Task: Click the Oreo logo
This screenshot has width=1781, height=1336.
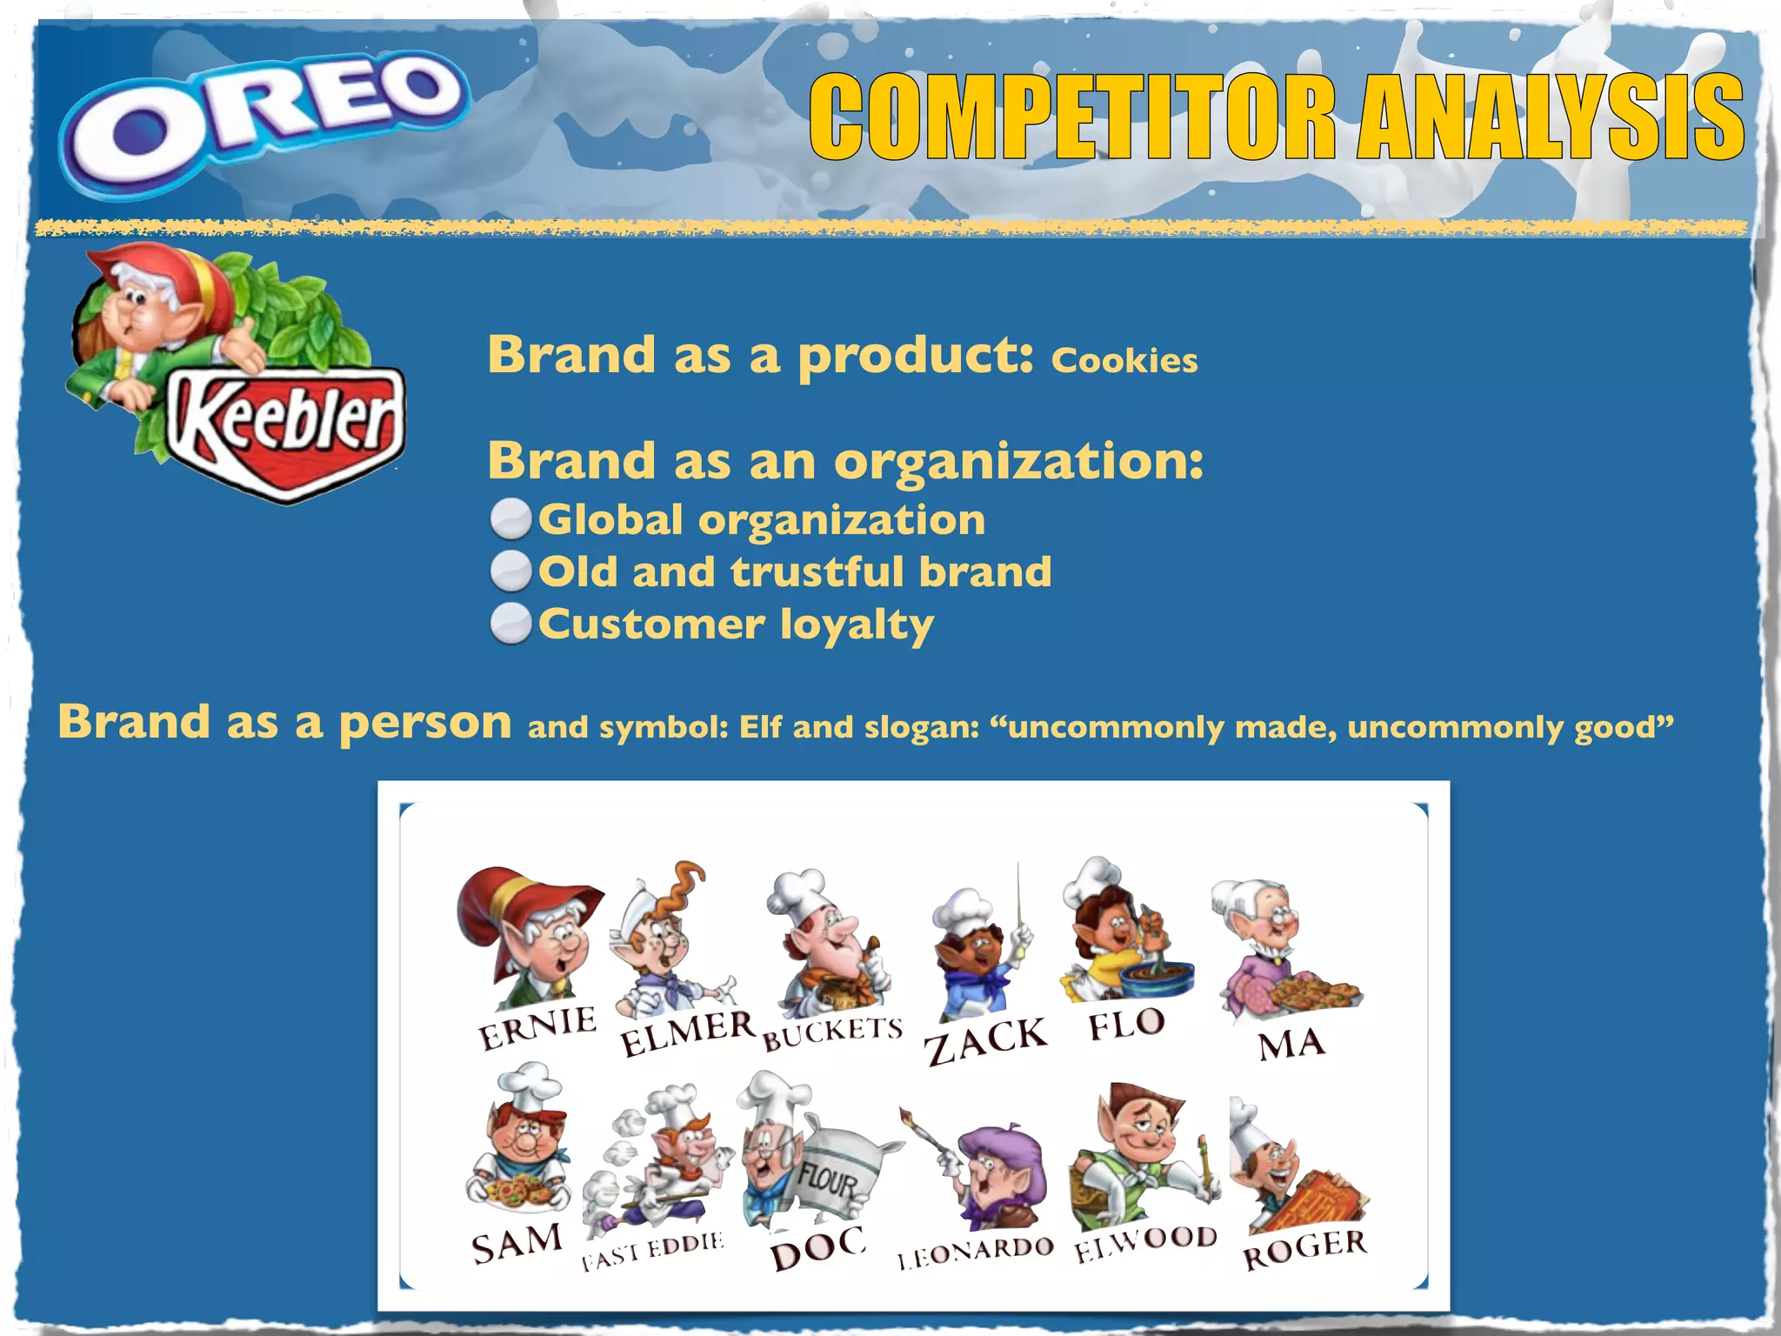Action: [x=265, y=122]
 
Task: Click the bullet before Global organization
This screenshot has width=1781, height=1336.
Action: [x=510, y=520]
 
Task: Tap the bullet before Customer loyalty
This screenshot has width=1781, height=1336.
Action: [x=510, y=625]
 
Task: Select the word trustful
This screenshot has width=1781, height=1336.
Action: [x=817, y=572]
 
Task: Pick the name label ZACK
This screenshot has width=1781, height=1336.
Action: [x=985, y=1039]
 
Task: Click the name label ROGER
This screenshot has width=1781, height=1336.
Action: [x=1304, y=1248]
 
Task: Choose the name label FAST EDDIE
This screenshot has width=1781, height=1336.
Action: [x=652, y=1250]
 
